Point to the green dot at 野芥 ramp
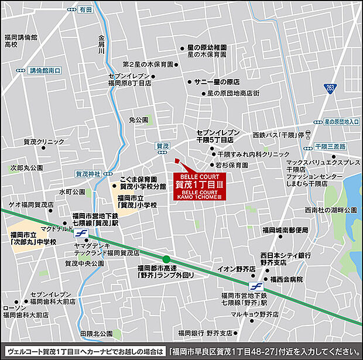coord(166,259)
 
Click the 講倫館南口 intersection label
coord(45,70)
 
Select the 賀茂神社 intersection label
coord(88,173)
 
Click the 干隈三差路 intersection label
coord(330,146)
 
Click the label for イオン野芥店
coord(237,269)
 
